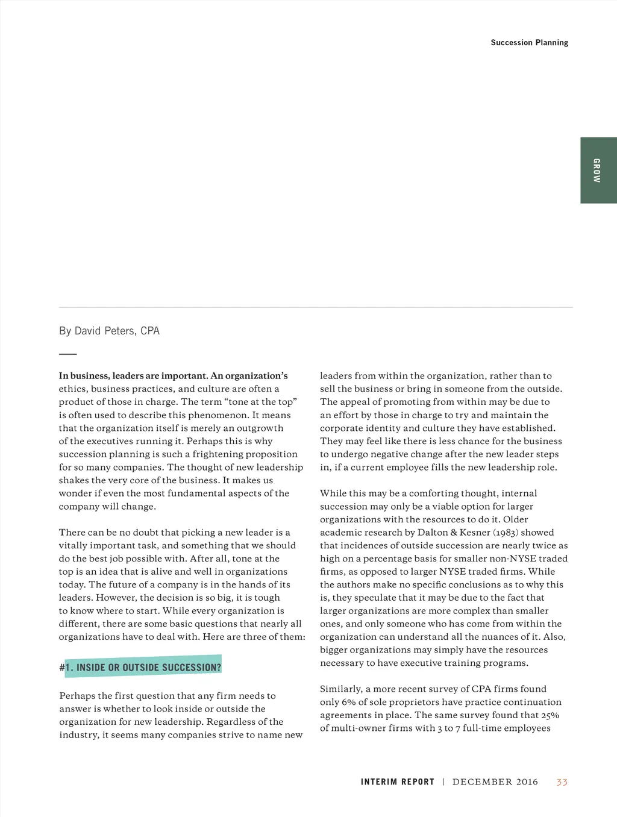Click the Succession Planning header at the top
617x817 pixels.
click(x=529, y=43)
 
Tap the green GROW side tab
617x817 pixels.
click(x=598, y=171)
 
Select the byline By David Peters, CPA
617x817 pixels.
click(x=109, y=331)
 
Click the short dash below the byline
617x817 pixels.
click(x=67, y=354)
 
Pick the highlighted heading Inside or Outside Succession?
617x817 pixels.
click(x=143, y=667)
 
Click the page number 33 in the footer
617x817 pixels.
click(x=562, y=782)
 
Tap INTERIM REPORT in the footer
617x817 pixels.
click(x=397, y=782)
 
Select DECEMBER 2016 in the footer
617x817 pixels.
click(x=495, y=782)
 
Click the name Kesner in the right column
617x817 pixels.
click(x=475, y=533)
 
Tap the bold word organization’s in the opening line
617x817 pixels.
click(x=256, y=376)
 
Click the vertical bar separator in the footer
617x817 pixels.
click(x=443, y=782)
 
